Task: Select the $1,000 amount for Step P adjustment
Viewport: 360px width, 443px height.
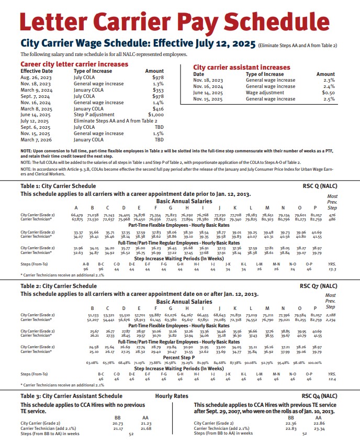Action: click(x=156, y=114)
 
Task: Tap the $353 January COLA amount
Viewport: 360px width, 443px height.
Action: click(x=158, y=90)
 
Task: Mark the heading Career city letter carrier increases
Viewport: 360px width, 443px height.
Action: click(x=74, y=64)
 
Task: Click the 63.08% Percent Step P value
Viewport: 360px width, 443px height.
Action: click(x=92, y=362)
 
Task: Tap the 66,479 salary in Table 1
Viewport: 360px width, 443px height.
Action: click(x=77, y=215)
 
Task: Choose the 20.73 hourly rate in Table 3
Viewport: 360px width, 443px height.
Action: click(x=117, y=423)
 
